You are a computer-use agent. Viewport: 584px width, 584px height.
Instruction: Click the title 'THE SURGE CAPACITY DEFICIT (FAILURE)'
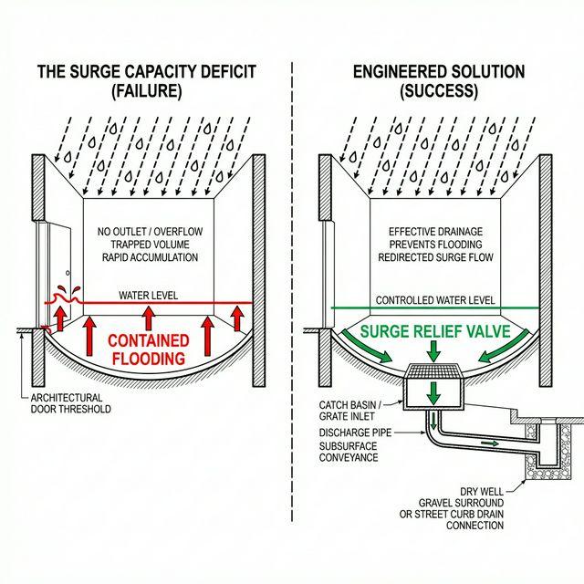click(147, 81)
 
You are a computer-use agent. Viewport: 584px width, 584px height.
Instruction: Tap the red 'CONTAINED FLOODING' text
click(150, 349)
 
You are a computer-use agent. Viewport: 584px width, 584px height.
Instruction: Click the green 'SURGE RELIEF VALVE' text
click(434, 332)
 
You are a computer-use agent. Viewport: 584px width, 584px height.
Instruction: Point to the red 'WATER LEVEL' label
click(148, 296)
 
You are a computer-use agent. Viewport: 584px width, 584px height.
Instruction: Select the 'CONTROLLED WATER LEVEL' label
click(435, 300)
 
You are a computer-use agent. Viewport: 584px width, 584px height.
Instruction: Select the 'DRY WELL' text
click(483, 490)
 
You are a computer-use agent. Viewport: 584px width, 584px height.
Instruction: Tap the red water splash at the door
click(63, 294)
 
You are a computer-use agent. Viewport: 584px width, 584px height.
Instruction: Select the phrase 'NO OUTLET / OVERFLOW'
click(147, 232)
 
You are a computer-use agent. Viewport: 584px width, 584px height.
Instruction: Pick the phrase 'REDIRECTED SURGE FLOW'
click(435, 257)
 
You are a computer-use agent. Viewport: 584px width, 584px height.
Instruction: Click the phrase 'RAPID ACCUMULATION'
click(147, 257)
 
